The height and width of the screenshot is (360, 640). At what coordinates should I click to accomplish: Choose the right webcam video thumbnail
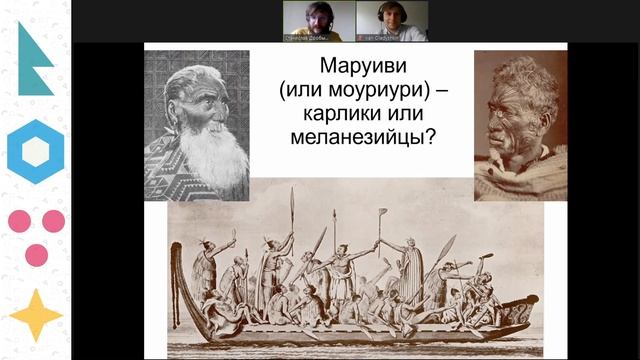point(400,21)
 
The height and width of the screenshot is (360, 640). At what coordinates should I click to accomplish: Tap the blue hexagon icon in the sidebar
point(36,151)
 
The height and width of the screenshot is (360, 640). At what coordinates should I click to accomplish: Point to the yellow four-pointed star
point(36,314)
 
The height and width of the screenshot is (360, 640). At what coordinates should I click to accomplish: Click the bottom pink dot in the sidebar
point(36,254)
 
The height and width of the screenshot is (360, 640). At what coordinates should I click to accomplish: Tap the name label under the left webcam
point(311,37)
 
